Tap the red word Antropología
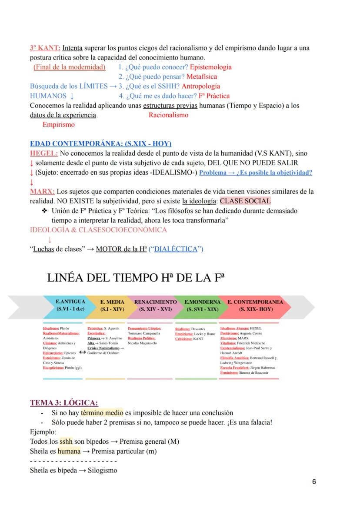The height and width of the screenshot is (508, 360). (200, 86)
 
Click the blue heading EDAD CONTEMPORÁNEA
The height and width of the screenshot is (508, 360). (100, 144)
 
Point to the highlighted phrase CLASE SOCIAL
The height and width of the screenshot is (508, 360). (245, 201)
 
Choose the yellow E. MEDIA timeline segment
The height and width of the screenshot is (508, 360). (112, 305)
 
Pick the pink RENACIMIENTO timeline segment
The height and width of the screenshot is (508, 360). (155, 305)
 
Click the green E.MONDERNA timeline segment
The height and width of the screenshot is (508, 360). (202, 305)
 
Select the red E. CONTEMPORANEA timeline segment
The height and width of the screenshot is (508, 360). (255, 305)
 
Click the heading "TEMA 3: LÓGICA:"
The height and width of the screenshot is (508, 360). (64, 402)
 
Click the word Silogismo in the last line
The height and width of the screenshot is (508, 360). (103, 470)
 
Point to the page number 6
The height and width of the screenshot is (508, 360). (314, 481)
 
